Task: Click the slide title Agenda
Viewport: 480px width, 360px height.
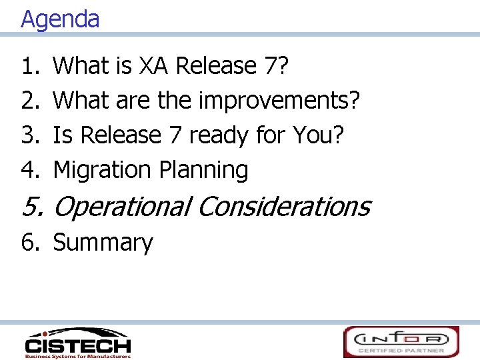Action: pos(60,19)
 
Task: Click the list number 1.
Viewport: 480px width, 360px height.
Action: pos(31,66)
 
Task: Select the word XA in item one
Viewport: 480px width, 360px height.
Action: pos(156,66)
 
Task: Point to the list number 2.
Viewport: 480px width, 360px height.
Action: pos(31,101)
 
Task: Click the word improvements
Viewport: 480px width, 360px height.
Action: pos(279,101)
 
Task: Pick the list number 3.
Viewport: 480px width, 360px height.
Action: pos(31,135)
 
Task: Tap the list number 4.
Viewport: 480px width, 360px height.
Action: pos(31,170)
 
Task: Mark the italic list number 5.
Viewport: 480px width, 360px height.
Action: pos(32,207)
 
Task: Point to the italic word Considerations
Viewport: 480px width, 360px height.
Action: pos(283,207)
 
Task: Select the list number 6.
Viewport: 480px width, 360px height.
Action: pos(31,243)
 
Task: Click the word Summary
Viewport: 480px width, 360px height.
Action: pos(103,243)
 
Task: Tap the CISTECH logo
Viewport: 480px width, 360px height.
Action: pos(77,343)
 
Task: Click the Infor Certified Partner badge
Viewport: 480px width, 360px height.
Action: pos(401,341)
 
